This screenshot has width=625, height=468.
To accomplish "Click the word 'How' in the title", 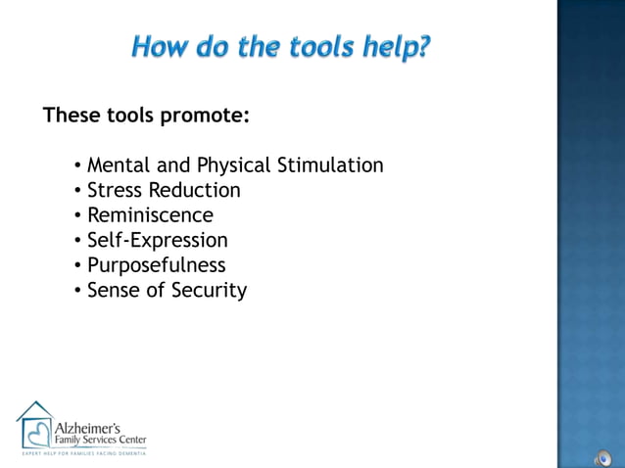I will pyautogui.click(x=161, y=46).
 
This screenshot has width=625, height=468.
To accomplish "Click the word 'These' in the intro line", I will pyautogui.click(x=71, y=117).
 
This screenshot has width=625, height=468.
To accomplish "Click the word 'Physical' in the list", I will pyautogui.click(x=234, y=165).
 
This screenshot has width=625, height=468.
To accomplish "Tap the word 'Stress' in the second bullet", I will pyautogui.click(x=115, y=190).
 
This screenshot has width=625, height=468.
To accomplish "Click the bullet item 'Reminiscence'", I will pyautogui.click(x=150, y=215).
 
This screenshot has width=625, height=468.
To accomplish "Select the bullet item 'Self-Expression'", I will pyautogui.click(x=157, y=240).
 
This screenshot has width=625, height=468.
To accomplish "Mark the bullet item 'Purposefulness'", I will pyautogui.click(x=156, y=265).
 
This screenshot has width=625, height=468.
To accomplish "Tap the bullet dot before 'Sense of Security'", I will pyautogui.click(x=78, y=291).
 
